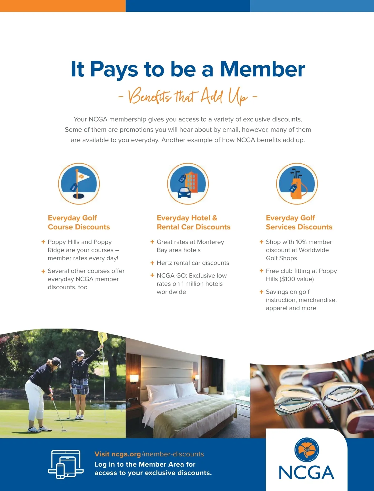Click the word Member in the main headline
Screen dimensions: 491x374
tap(262, 69)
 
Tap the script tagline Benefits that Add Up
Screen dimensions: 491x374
tap(188, 96)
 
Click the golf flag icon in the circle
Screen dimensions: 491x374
tap(79, 184)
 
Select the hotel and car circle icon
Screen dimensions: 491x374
tap(188, 184)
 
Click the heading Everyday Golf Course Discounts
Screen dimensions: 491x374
tap(79, 222)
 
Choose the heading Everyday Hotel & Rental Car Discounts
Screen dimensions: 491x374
tap(194, 222)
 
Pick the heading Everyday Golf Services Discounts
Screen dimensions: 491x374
tap(299, 222)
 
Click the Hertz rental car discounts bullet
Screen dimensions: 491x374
tap(193, 263)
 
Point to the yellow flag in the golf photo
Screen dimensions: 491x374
tap(103, 337)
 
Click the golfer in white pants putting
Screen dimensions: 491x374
tap(41, 393)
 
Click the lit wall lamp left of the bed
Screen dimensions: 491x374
tap(134, 378)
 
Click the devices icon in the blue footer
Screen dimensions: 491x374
tap(65, 465)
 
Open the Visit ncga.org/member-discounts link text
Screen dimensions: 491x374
tap(149, 454)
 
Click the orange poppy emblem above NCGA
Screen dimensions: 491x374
tap(307, 450)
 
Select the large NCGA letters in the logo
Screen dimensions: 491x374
tap(306, 473)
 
